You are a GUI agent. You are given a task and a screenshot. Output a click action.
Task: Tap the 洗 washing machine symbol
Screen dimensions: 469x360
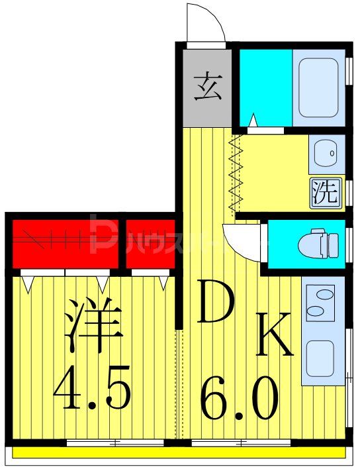(x=325, y=193)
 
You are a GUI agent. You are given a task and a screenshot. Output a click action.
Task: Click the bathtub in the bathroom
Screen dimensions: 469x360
(x=319, y=87)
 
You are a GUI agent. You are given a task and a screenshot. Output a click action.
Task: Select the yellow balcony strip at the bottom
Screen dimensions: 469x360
(x=179, y=454)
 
